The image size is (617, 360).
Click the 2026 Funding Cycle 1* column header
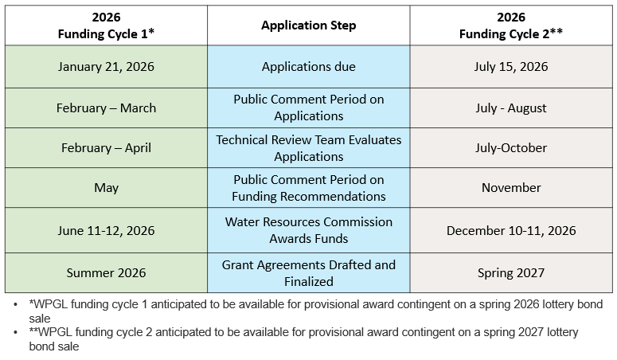tap(106, 25)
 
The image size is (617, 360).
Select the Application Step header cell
tap(309, 25)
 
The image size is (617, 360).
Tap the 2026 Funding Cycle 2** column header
tap(511, 25)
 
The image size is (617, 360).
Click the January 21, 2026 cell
tap(106, 67)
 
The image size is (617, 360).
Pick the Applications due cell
tap(309, 67)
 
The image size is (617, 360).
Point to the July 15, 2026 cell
tap(511, 67)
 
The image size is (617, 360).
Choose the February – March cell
tap(106, 108)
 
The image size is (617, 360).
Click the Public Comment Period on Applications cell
tap(309, 108)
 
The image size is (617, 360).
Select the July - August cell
tap(511, 108)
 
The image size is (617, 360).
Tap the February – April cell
tap(106, 148)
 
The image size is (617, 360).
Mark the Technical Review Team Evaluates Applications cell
tap(309, 148)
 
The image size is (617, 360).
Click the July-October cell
tap(511, 148)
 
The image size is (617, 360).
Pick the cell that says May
tap(106, 188)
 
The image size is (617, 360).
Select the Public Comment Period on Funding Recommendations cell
tap(309, 188)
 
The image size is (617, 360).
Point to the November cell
tap(511, 188)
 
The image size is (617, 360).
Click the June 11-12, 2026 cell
tap(106, 230)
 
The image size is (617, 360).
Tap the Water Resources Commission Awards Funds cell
tap(309, 230)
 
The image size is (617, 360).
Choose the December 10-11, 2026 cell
tap(511, 230)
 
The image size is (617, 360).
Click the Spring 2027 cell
tap(511, 272)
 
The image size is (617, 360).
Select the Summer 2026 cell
tap(106, 272)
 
